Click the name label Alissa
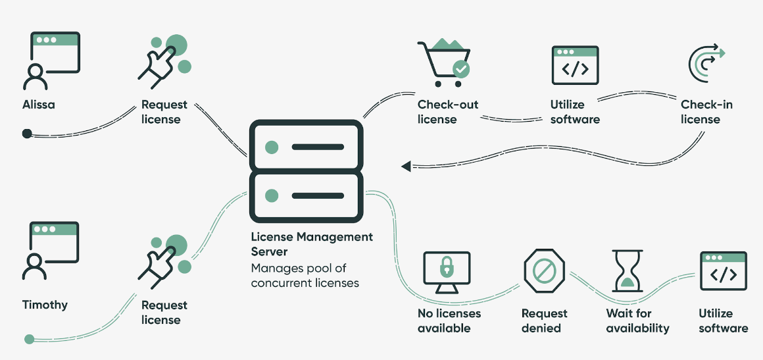(39, 105)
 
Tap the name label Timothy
(45, 305)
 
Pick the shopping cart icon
(442, 63)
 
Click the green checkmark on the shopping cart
(462, 68)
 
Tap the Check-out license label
(448, 112)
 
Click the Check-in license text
(706, 112)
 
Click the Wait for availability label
(637, 321)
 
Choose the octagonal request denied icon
(545, 270)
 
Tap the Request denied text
(544, 321)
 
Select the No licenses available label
(449, 321)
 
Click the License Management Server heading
(312, 244)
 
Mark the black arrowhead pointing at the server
(406, 166)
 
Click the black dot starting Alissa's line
(26, 134)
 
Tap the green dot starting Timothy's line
(29, 340)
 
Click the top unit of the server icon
(306, 146)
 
